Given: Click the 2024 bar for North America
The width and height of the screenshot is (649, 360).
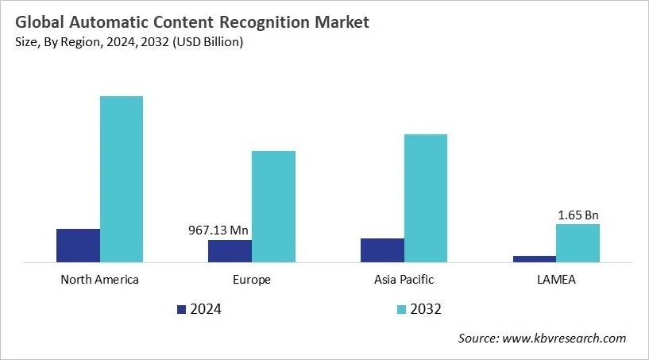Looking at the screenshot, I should pos(78,245).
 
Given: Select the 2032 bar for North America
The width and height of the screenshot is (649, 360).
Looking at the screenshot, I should pos(122,179).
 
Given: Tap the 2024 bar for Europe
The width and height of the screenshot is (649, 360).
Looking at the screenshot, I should pos(230,250).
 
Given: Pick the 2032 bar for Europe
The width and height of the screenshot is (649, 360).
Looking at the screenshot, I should pos(273,206).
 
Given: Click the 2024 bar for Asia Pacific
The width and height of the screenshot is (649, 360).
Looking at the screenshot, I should pos(382,250).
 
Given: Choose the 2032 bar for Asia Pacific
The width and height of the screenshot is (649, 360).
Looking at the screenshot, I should pos(426,197).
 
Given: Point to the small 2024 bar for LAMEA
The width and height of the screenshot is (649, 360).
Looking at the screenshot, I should pos(534,258).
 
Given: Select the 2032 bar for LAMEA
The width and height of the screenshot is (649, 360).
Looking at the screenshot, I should pos(578,242).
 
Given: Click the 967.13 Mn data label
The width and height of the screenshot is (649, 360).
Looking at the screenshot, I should pos(218,230).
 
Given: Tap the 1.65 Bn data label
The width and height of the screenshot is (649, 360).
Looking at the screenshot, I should pos(578,215).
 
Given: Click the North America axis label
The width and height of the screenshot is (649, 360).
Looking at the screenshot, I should pos(99,280).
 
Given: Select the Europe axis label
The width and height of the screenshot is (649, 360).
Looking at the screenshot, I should pos(252,280).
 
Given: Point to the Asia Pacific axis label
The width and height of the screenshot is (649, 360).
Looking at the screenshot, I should pos(404,280).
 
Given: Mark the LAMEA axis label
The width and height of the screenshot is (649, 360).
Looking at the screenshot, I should pos(556,280).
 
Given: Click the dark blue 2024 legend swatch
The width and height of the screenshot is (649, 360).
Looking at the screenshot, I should pos(180,309).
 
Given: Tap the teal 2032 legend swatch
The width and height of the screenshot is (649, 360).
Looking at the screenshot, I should pos(401,309).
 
